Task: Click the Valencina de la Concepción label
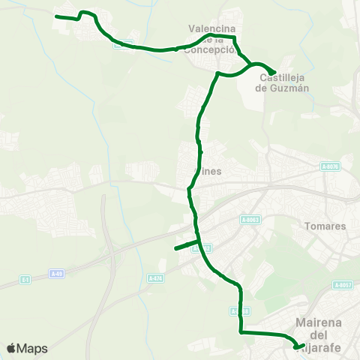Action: pos(212,39)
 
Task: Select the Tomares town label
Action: pos(326,226)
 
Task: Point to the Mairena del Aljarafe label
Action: pos(319,334)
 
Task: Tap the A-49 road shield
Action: pos(56,274)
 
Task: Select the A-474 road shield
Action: pos(155,278)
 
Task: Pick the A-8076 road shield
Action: pos(329,166)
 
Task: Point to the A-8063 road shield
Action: pos(250,220)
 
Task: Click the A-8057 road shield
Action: pos(343,285)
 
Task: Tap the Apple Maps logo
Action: pos(27,349)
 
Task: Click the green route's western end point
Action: pos(57,16)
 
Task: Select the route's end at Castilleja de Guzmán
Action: pos(275,72)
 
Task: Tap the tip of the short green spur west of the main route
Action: pos(175,248)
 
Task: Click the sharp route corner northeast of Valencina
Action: pos(235,36)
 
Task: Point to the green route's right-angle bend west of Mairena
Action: pos(240,331)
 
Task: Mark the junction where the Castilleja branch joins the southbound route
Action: pos(217,73)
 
